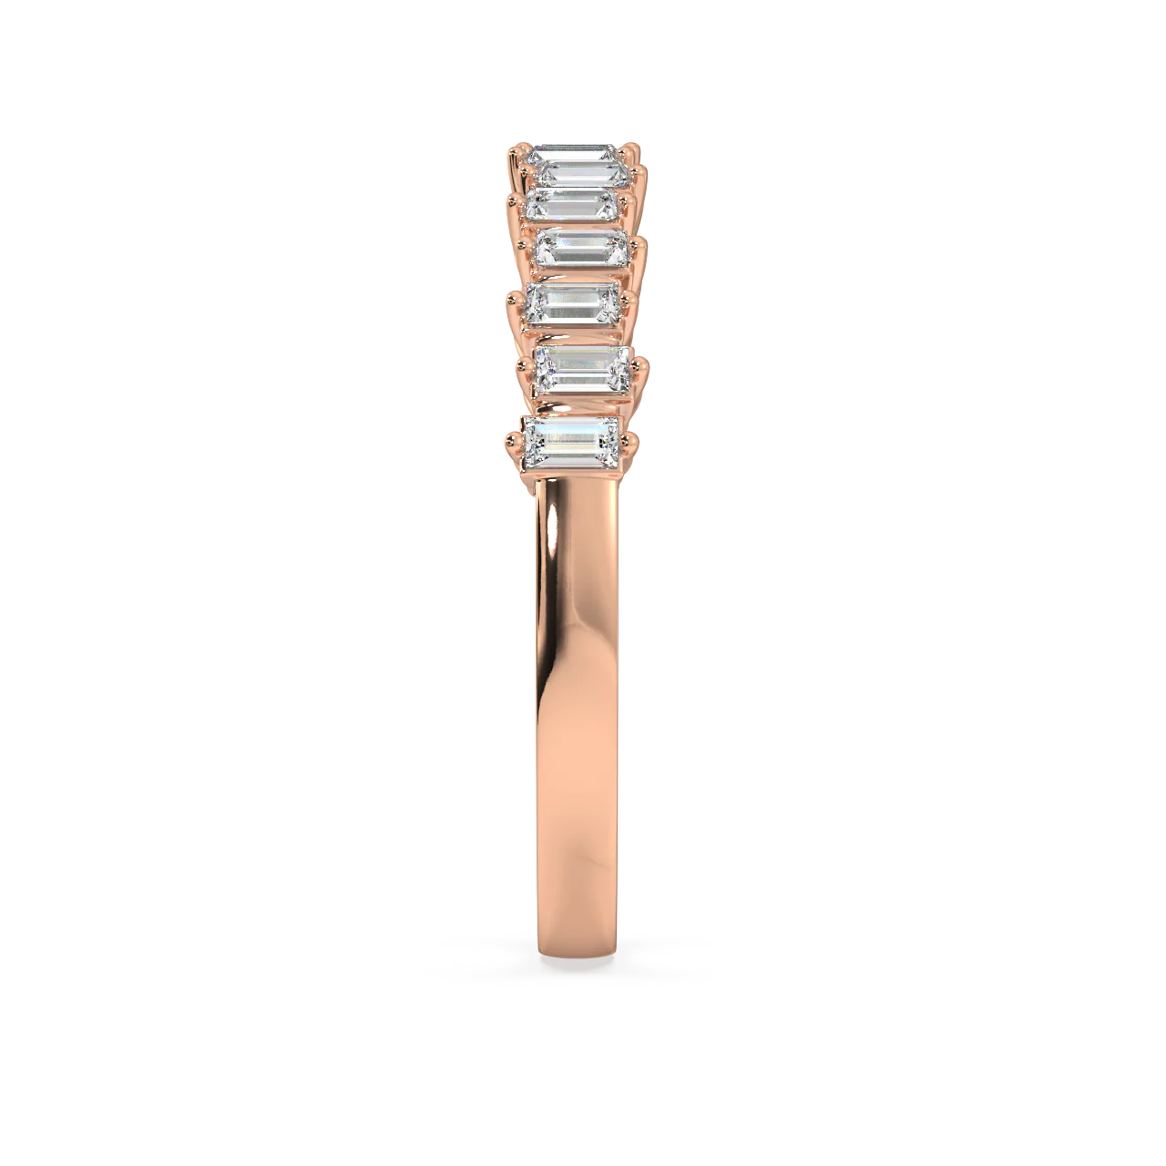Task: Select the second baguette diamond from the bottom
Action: pos(581,368)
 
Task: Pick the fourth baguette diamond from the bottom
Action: pos(582,247)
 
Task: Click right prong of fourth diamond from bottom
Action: pos(638,246)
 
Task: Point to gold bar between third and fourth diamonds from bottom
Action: pos(579,273)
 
